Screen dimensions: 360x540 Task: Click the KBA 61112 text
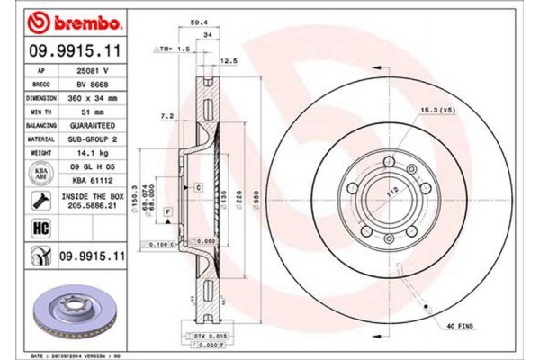coord(94,180)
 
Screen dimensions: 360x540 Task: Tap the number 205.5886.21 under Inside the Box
coord(94,205)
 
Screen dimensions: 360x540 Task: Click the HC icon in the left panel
coord(40,229)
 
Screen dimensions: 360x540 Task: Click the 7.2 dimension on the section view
coord(167,118)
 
